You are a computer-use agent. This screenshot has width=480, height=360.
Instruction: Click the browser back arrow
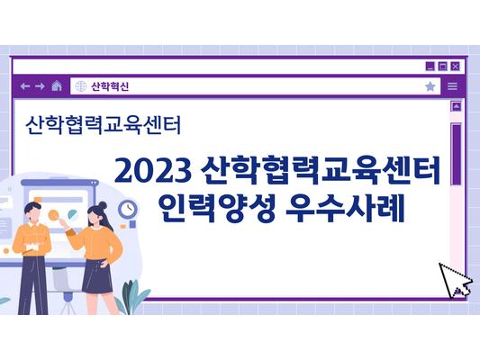coord(24,86)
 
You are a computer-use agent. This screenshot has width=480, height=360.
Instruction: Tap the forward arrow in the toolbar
coord(40,86)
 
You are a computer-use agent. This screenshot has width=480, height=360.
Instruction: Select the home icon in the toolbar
coord(57,86)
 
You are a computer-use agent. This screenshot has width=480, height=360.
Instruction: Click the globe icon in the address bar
coord(80,86)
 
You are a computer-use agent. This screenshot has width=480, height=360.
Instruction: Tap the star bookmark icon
coord(430,86)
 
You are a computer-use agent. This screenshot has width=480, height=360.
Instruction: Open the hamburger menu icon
coord(452,86)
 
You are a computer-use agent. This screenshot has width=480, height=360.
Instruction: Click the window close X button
coord(456,66)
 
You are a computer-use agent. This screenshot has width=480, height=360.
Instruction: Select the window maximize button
coord(443,66)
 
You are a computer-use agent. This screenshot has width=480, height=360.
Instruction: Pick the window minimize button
coord(431,66)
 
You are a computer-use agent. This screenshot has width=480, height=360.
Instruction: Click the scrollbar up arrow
coord(456,106)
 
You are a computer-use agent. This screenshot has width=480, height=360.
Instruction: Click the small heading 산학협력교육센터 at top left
coord(104,124)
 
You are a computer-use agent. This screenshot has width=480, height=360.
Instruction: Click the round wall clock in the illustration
coord(128,210)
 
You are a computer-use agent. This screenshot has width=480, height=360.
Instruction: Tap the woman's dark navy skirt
coord(95,276)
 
